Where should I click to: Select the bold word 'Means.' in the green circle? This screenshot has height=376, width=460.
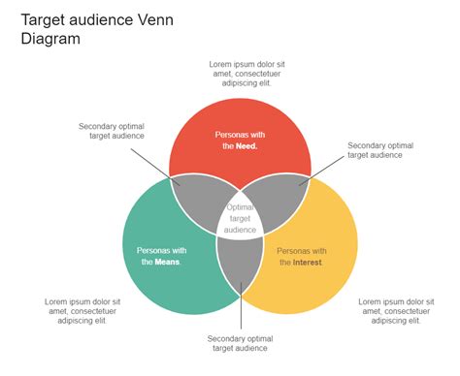pos(168,262)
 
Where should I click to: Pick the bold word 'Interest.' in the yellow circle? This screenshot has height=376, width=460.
pos(308,262)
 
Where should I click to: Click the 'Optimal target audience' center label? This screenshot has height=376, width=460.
pos(241,218)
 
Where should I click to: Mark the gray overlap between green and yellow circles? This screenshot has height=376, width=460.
pos(240,266)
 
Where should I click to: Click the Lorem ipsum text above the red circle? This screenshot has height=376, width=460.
pos(246,74)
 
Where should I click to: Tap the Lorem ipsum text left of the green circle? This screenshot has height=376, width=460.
pos(82,312)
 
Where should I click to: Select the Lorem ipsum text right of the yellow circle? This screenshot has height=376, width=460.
pos(396,312)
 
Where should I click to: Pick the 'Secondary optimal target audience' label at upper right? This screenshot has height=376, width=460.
pos(379,149)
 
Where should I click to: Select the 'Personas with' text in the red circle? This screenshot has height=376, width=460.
pos(242,134)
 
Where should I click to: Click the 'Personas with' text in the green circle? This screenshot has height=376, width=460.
pos(163,249)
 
